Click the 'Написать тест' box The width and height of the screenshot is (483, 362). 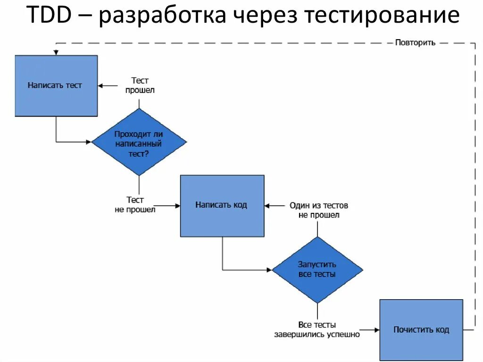(x=56, y=85)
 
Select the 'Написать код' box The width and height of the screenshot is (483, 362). (x=222, y=205)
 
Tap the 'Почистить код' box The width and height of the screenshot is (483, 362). (x=421, y=330)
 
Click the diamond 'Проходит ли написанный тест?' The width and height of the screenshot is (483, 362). (x=139, y=143)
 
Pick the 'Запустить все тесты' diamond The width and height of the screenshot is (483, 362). (x=317, y=269)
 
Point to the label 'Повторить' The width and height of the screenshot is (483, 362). (x=415, y=42)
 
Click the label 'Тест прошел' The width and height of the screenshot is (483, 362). (x=140, y=85)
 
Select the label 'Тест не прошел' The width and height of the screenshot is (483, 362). (x=135, y=205)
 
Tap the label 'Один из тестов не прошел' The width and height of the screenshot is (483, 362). (x=319, y=210)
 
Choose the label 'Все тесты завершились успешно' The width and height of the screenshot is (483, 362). (x=317, y=329)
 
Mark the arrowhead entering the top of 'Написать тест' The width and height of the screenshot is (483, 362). (x=56, y=52)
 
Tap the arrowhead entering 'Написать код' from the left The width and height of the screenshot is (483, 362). (x=177, y=206)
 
